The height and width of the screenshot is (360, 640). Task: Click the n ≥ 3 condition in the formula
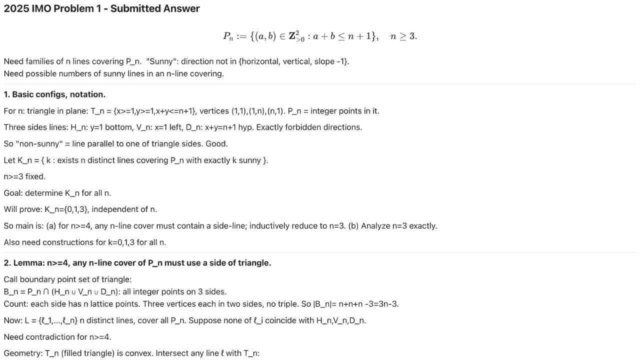(403, 36)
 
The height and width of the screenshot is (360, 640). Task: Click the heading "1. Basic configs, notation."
(54, 94)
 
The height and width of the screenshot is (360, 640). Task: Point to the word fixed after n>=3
(35, 176)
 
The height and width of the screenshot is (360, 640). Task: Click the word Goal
(13, 193)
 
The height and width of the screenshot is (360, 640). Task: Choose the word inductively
(271, 226)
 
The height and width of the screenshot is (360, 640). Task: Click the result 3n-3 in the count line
(387, 304)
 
